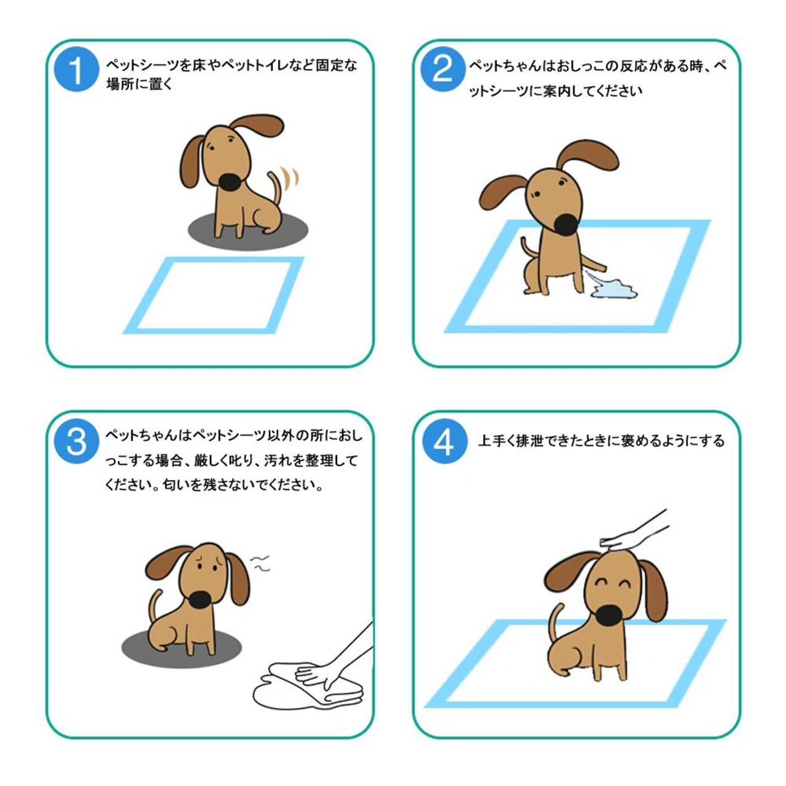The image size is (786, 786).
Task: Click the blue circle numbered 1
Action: coord(76,69)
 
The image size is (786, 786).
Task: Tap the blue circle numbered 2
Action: coord(443,69)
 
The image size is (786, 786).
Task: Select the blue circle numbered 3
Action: coord(76,441)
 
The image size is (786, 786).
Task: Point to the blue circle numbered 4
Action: coord(444,441)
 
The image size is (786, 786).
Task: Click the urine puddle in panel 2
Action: coord(615,289)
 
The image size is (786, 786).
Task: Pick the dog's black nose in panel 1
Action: coord(230,182)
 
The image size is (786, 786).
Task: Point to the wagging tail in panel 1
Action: coord(276,189)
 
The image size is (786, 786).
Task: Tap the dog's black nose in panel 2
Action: coord(566,225)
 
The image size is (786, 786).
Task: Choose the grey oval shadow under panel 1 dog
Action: coord(248,231)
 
